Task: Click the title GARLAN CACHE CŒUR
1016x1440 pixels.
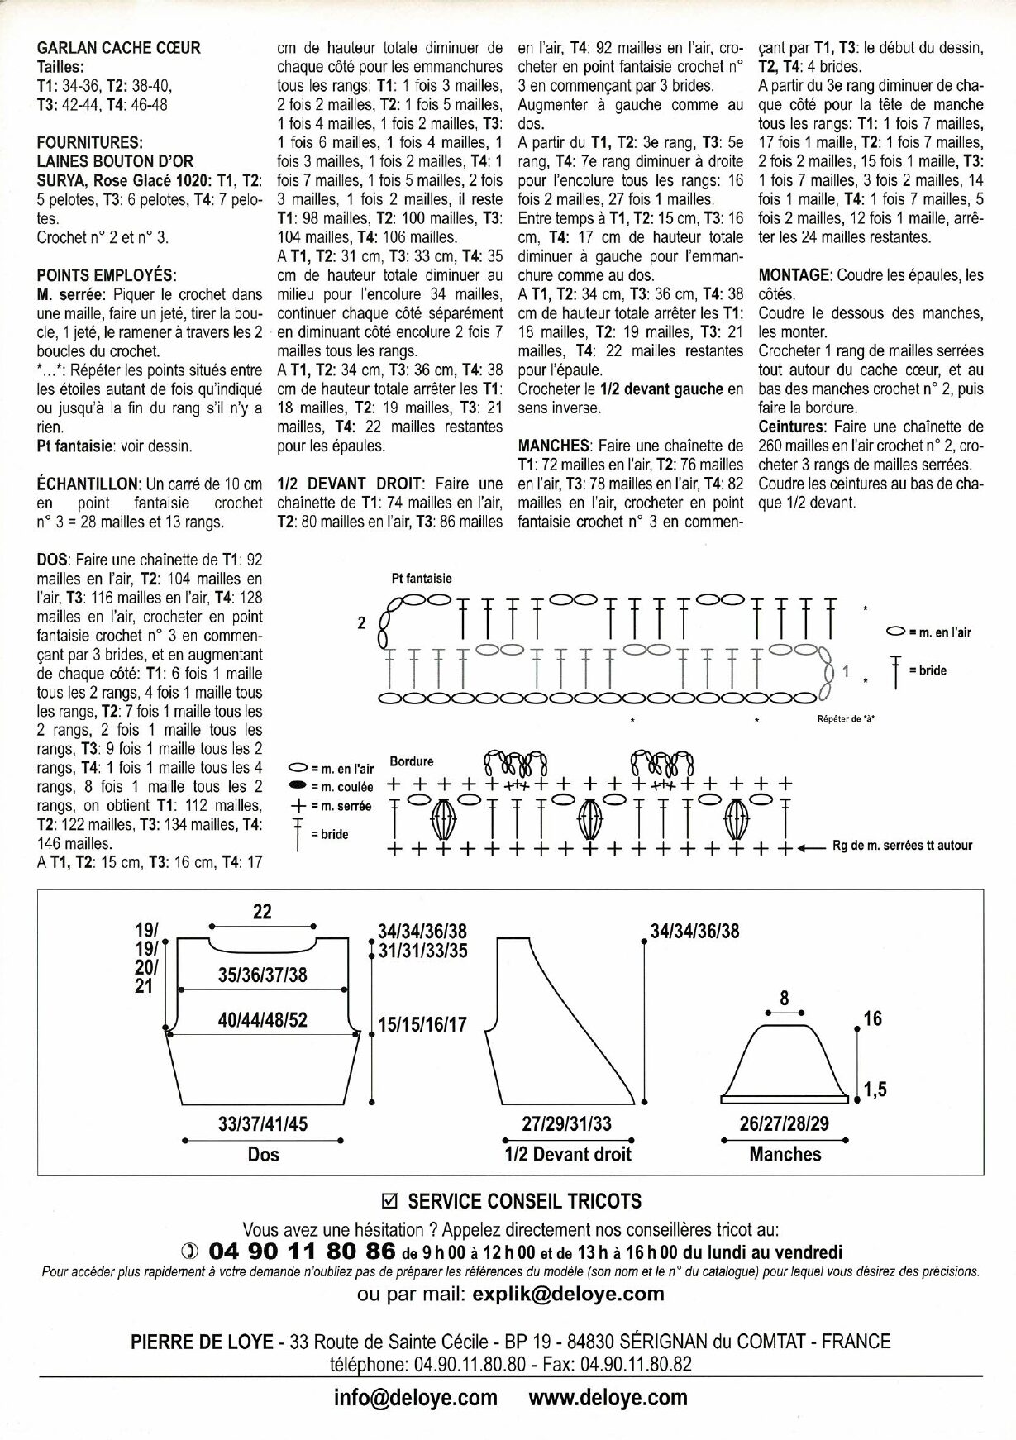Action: click(119, 48)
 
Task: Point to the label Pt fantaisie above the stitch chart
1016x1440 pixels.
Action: click(422, 579)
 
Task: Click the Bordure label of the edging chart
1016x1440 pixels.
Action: click(411, 761)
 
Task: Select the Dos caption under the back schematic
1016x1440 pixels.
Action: click(264, 1154)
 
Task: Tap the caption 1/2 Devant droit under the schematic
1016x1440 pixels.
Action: click(568, 1154)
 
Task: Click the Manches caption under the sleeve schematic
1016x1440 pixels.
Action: click(785, 1154)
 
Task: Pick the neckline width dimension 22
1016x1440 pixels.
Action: click(262, 912)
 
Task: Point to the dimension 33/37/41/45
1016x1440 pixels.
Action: click(263, 1124)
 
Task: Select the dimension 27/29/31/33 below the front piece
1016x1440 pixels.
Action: click(568, 1124)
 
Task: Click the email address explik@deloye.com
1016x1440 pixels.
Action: click(568, 1293)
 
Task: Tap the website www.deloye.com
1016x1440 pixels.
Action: click(608, 1397)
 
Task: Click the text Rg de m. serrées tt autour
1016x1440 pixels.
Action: click(903, 846)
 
